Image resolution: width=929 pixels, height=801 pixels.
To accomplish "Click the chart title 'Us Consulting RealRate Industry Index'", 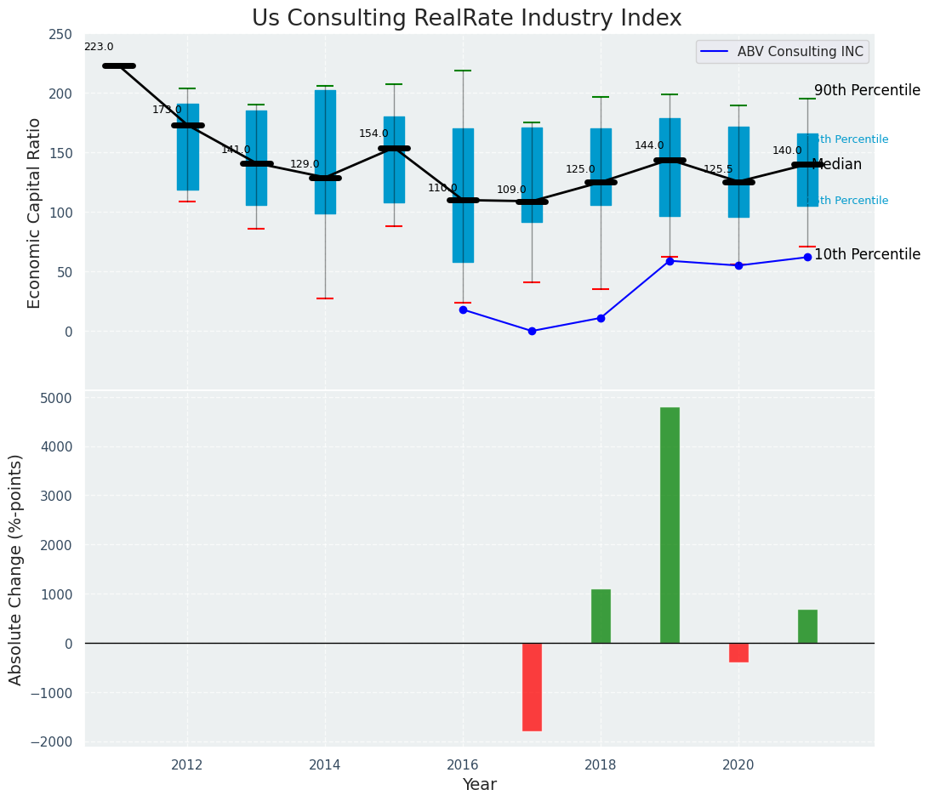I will pyautogui.click(x=466, y=19).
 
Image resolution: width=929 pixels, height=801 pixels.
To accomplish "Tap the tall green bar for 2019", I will pyautogui.click(x=670, y=525).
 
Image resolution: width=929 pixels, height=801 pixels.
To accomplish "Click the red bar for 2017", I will pyautogui.click(x=532, y=686).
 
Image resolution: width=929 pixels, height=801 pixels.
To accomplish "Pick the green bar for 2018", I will pyautogui.click(x=601, y=616).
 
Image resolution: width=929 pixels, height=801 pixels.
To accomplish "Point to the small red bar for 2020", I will pyautogui.click(x=738, y=652).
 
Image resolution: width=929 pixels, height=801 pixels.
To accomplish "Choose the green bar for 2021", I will pyautogui.click(x=807, y=626).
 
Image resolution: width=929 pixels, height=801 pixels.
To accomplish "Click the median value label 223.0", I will pyautogui.click(x=99, y=48).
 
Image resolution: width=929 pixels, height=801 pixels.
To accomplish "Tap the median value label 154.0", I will pyautogui.click(x=373, y=133).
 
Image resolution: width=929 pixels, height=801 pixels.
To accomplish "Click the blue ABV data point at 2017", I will pyautogui.click(x=532, y=331).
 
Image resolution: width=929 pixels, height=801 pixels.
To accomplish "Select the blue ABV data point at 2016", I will pyautogui.click(x=463, y=310).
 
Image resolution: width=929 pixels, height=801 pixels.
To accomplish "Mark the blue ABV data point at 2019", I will pyautogui.click(x=670, y=261).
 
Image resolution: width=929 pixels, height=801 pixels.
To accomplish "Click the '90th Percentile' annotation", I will pyautogui.click(x=867, y=91).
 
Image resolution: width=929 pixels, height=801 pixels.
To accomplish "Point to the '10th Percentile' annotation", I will pyautogui.click(x=867, y=255).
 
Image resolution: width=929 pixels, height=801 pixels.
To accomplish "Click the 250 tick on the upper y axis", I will pyautogui.click(x=60, y=34).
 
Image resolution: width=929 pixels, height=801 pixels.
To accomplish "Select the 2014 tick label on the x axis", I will pyautogui.click(x=325, y=765).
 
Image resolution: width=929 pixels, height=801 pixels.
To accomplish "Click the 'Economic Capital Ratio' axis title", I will pyautogui.click(x=35, y=213).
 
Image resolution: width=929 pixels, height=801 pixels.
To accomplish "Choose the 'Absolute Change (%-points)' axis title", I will pyautogui.click(x=16, y=569).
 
